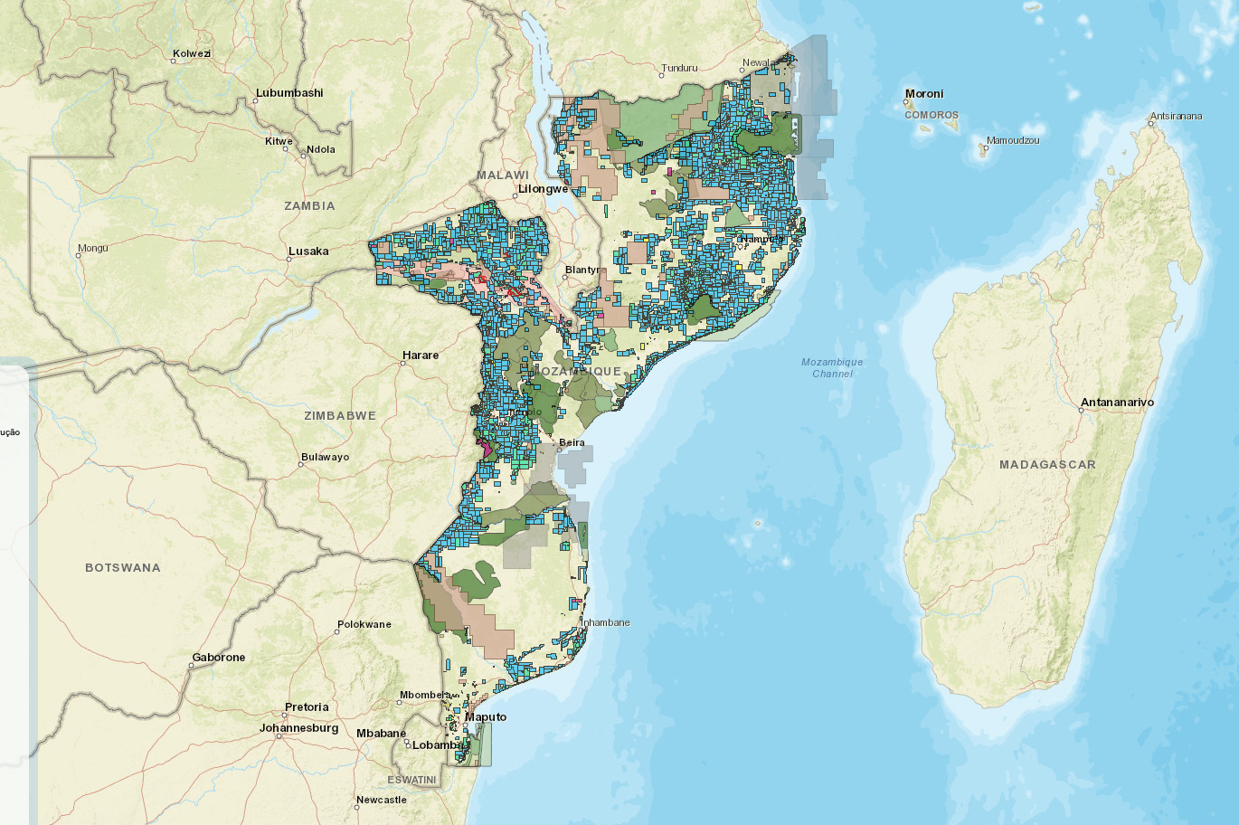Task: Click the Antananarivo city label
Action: coord(1117,403)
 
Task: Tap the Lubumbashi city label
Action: coord(289,93)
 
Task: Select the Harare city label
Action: coord(421,356)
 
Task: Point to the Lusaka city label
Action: coord(308,251)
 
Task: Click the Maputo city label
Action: coord(487,717)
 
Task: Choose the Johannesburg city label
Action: coord(298,728)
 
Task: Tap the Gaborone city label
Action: coord(219,658)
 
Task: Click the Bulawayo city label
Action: coord(326,458)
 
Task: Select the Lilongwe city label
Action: coord(542,190)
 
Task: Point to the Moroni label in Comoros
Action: coord(924,94)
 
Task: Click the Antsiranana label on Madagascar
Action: coord(1176,117)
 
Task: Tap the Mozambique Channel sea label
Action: coord(832,368)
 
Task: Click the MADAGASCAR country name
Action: coord(1047,465)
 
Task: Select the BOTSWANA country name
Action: coord(123,568)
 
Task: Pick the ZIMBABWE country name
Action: coord(340,416)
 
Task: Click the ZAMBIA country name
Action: coord(309,206)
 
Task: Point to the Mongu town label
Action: coord(93,248)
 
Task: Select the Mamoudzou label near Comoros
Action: coord(1013,141)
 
